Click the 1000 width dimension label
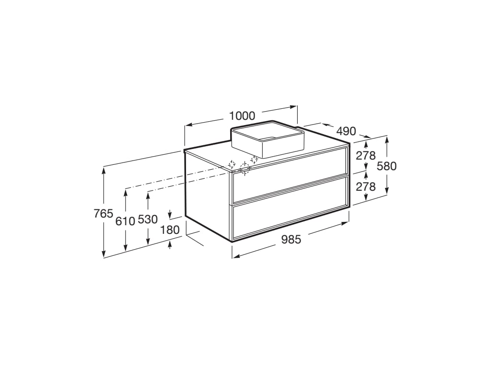coord(242,115)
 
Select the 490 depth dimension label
coord(346,131)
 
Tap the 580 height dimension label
coord(387,166)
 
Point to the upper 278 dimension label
coord(366,155)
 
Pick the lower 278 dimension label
coord(366,186)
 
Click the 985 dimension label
coord(291,239)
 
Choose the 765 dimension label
coord(103,214)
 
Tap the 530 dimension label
coord(148,219)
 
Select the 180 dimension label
coord(170,230)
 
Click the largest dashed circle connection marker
coord(245,168)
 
